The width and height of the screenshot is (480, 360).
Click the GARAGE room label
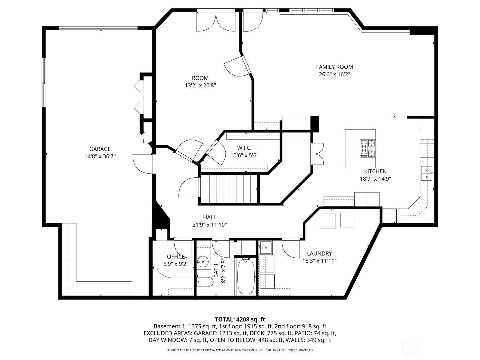click(x=100, y=149)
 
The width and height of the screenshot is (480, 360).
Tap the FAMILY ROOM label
click(x=334, y=67)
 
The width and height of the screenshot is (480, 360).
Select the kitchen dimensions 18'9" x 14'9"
click(x=375, y=179)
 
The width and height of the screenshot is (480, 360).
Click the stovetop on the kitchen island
click(x=367, y=148)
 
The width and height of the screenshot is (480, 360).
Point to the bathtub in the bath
click(x=246, y=276)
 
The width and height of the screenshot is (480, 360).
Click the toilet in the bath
click(x=205, y=282)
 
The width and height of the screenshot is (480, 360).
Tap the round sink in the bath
click(x=203, y=261)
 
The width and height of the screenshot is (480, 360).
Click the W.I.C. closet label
click(x=244, y=148)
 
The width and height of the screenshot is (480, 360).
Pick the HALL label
click(x=209, y=217)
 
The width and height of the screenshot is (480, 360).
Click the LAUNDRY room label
click(x=319, y=253)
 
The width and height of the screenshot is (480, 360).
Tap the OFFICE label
click(x=176, y=256)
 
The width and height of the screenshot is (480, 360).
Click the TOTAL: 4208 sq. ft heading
click(x=240, y=319)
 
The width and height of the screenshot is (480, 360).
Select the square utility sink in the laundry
click(x=266, y=247)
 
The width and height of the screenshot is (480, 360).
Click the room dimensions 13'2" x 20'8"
click(x=200, y=85)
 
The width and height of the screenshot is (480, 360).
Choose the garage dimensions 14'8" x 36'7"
click(x=100, y=156)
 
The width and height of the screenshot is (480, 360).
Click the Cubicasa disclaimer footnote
click(x=240, y=350)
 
